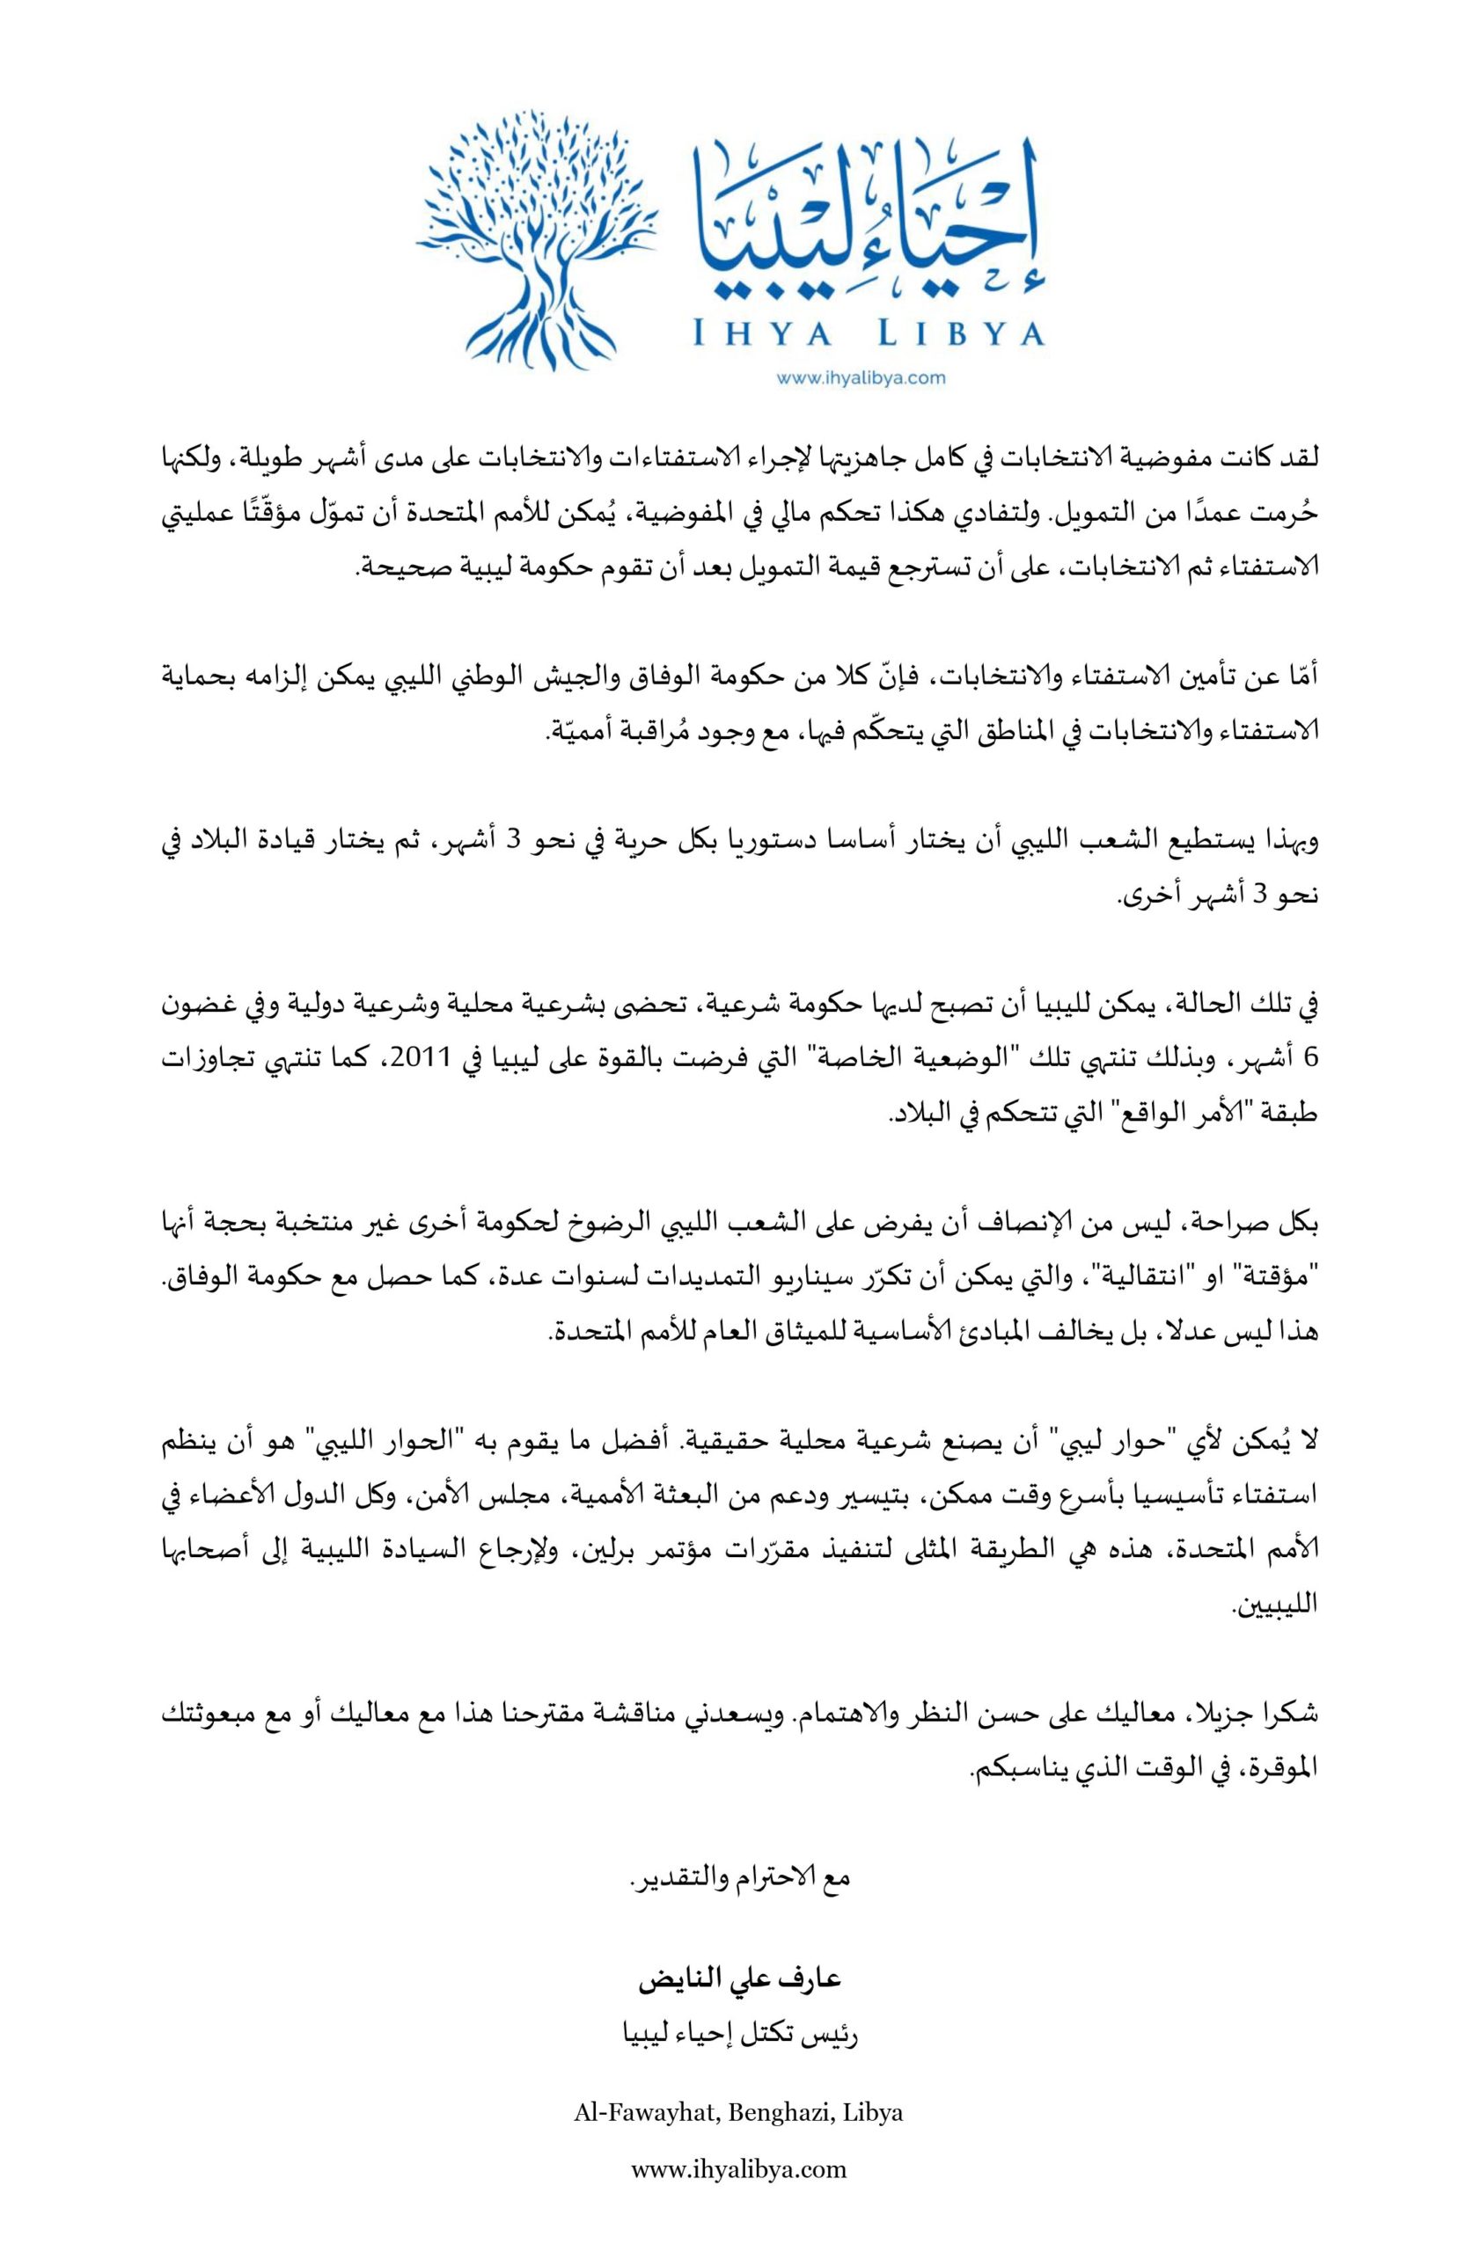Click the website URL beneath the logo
[x=861, y=378]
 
